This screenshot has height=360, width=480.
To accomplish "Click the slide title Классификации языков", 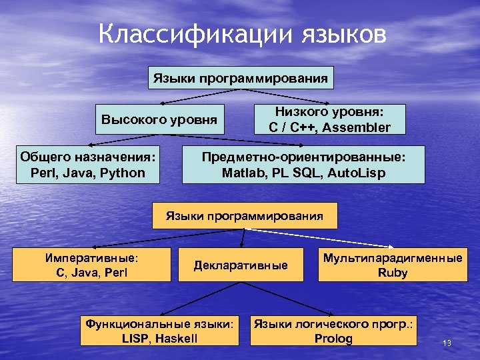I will [242, 35].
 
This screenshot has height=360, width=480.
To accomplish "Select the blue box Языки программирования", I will [241, 79].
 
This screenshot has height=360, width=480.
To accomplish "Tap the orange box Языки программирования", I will [245, 216].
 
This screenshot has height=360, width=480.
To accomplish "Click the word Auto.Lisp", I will [354, 173].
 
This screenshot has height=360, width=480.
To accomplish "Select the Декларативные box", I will [241, 265].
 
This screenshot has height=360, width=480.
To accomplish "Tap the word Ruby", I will [393, 272].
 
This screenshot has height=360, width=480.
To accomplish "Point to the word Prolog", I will [333, 339].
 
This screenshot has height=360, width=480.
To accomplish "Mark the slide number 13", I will [447, 343].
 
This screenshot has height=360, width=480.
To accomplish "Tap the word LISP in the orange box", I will [136, 339].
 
